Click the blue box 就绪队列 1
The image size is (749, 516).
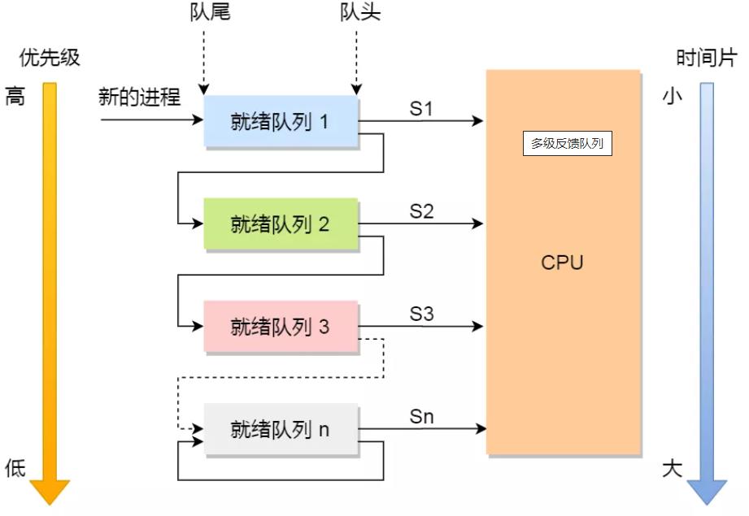point(280,122)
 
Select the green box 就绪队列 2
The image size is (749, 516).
point(280,224)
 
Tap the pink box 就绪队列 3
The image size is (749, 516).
point(280,327)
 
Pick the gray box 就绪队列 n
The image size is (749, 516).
point(280,429)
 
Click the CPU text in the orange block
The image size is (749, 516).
point(562,263)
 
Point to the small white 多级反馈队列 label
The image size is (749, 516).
point(567,144)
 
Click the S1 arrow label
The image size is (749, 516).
point(421,109)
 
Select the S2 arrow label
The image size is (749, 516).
point(421,211)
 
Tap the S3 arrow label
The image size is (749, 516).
point(421,314)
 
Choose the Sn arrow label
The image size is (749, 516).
point(421,417)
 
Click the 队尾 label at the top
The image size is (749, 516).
point(207,14)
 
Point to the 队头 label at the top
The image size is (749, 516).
point(359,14)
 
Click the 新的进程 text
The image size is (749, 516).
point(139,98)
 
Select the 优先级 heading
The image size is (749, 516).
point(50,59)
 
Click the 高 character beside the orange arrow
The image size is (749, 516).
point(15,98)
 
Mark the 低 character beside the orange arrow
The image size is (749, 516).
point(15,468)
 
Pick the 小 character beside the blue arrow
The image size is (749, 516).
point(672,97)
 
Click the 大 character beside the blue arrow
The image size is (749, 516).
point(672,470)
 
